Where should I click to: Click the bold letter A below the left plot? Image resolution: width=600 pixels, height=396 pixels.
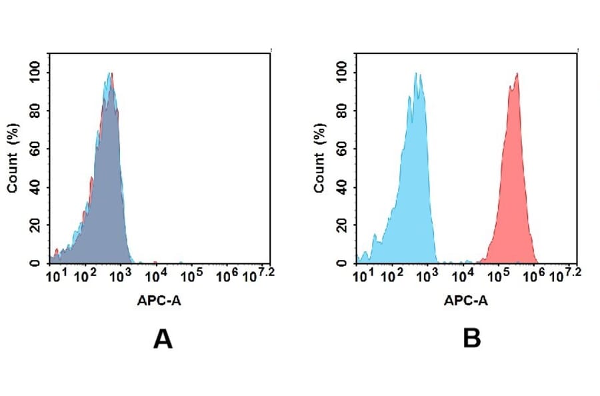coord(163,339)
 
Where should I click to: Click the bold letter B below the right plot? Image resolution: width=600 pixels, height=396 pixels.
coord(471,339)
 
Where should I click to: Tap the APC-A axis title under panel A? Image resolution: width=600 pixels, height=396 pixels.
coord(159,301)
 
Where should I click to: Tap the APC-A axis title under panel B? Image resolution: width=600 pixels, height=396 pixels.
coord(466,301)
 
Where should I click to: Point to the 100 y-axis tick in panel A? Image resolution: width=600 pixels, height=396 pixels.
coord(34,72)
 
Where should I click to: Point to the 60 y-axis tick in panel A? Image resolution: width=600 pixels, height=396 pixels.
coord(34,148)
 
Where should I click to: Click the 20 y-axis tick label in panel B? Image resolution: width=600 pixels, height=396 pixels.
coord(341,225)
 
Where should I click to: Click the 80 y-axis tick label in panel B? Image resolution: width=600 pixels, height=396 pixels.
coord(341,110)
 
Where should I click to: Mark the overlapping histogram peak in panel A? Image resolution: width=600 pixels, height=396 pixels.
coord(111,75)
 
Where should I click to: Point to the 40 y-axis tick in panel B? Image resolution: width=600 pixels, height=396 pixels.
coord(341,187)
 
